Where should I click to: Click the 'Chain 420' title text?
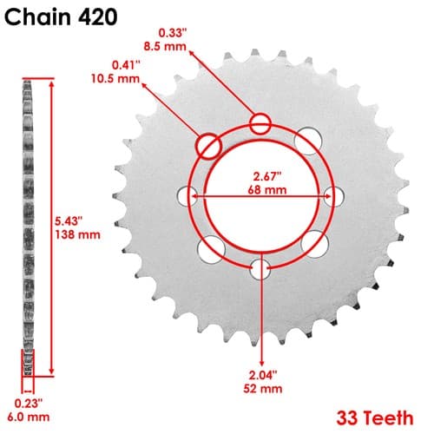click(61, 16)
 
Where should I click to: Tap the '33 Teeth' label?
click(375, 418)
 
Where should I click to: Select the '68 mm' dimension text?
click(267, 190)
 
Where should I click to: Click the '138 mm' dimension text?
click(78, 234)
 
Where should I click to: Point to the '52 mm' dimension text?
click(263, 388)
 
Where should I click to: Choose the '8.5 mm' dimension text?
click(165, 46)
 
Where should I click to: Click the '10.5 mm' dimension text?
click(115, 78)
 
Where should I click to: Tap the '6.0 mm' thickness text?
click(29, 417)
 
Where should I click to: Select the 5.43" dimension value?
click(67, 221)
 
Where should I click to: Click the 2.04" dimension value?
click(263, 375)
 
